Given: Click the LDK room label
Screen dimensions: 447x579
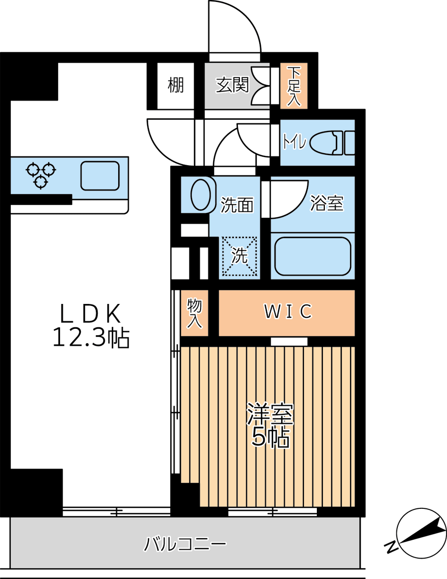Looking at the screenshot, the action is point(90,314).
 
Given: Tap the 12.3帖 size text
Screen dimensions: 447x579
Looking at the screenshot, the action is point(91,338).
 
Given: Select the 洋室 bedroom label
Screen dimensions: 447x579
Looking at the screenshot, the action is point(270,414).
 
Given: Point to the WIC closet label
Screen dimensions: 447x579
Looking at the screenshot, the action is point(288,312).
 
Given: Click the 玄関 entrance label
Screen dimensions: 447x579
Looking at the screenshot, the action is point(232,85).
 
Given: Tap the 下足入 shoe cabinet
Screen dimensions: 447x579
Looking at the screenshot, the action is point(294,86).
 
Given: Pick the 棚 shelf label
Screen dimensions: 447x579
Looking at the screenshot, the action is point(175,85).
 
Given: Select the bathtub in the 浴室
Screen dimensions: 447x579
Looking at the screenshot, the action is point(313,256).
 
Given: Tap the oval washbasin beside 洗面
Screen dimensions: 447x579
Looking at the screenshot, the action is point(201,194).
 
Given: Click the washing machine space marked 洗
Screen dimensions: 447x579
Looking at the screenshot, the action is point(239,256).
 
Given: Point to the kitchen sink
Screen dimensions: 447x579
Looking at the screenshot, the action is point(100,176).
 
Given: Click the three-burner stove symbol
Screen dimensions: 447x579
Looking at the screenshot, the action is point(41,175).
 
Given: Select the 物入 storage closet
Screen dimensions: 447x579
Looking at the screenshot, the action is point(195,313).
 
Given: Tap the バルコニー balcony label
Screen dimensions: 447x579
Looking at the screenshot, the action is point(185,544).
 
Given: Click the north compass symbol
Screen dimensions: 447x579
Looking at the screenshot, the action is point(421,533).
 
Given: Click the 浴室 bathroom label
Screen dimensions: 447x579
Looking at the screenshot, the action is point(327,203).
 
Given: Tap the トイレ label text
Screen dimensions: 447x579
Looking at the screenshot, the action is point(295,142).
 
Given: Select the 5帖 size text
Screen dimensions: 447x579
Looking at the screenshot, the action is point(270,438).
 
